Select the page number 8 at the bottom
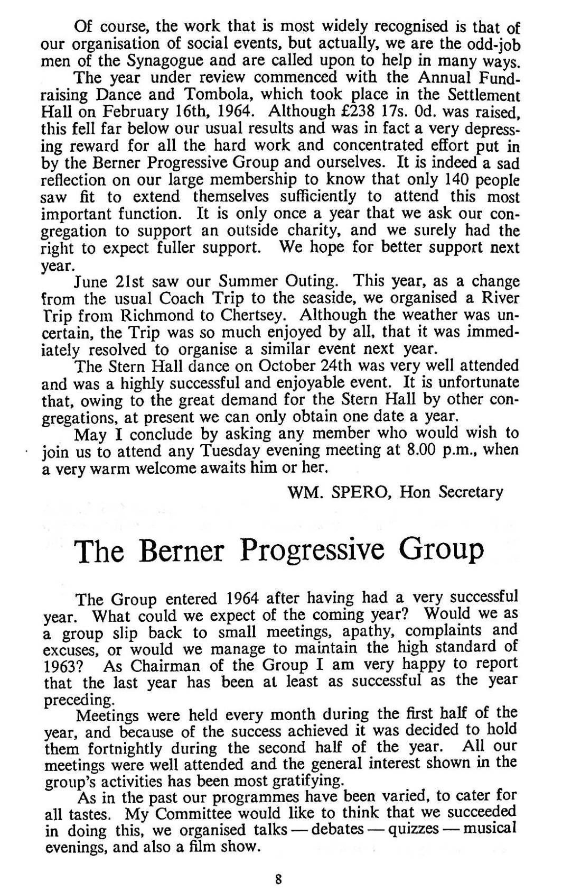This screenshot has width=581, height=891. point(278,879)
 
